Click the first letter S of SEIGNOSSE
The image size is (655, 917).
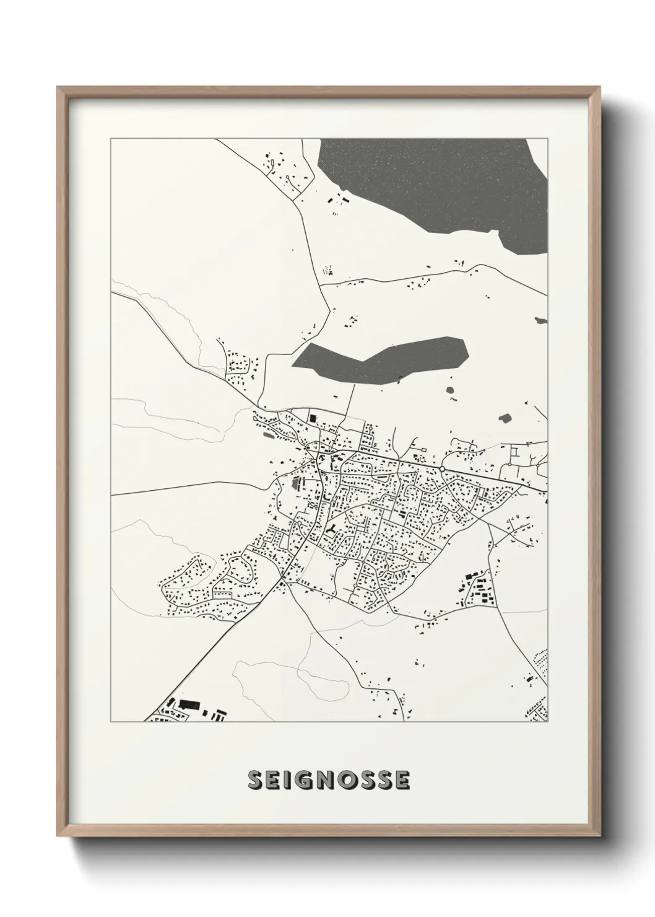tap(255, 781)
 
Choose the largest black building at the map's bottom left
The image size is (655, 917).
tap(188, 704)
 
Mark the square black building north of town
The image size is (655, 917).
tap(313, 419)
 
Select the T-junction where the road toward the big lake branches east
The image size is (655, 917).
tap(323, 284)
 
